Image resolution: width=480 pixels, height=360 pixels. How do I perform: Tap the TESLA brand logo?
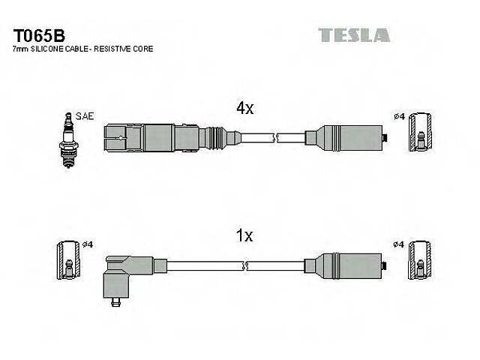coord(354,34)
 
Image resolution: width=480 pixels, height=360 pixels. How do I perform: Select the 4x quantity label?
coord(245,108)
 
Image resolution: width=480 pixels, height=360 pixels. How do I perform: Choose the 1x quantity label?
coord(245,235)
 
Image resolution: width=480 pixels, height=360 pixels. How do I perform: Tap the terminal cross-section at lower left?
coord(68,262)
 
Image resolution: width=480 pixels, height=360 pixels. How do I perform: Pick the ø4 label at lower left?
coord(87,244)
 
